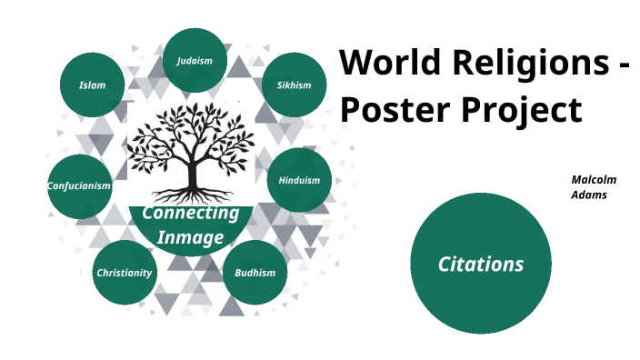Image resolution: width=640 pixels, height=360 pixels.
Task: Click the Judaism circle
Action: (x=195, y=61)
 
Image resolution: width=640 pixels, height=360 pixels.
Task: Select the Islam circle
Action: (x=92, y=85)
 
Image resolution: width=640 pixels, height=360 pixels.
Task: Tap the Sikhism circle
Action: (x=294, y=85)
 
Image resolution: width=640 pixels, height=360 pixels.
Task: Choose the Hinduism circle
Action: (x=299, y=180)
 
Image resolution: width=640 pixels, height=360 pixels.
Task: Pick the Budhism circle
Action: (x=255, y=272)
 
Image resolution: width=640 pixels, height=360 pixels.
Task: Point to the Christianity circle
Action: (x=125, y=272)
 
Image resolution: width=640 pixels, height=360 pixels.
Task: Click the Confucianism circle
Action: (x=79, y=185)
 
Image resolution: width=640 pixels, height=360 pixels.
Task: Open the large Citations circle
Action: (x=481, y=264)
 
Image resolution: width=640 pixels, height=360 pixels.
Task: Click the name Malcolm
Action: (x=594, y=180)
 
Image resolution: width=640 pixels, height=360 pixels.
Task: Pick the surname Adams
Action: (x=589, y=195)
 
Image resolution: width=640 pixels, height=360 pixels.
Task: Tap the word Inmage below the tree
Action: (x=191, y=237)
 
